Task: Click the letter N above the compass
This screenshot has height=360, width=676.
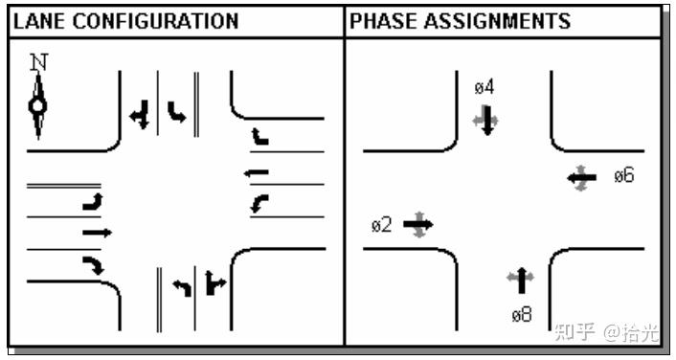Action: [x=38, y=62]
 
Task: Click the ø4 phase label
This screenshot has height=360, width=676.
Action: [x=484, y=87]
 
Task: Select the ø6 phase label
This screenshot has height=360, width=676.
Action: [x=623, y=175]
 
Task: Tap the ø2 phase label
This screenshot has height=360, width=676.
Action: [x=381, y=225]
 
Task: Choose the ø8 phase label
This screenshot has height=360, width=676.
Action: [x=521, y=313]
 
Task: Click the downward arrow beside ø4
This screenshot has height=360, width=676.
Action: [x=486, y=122]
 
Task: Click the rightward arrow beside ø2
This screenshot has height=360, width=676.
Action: [x=418, y=225]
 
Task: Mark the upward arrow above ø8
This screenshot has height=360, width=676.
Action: [x=521, y=281]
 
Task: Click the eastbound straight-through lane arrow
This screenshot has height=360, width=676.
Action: [x=97, y=232]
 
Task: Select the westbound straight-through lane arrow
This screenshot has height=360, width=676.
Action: [x=257, y=173]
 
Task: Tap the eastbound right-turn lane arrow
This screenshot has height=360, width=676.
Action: [x=92, y=265]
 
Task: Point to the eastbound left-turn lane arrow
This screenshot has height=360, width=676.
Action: [x=93, y=201]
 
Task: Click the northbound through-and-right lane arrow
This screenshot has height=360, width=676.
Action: [x=214, y=284]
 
